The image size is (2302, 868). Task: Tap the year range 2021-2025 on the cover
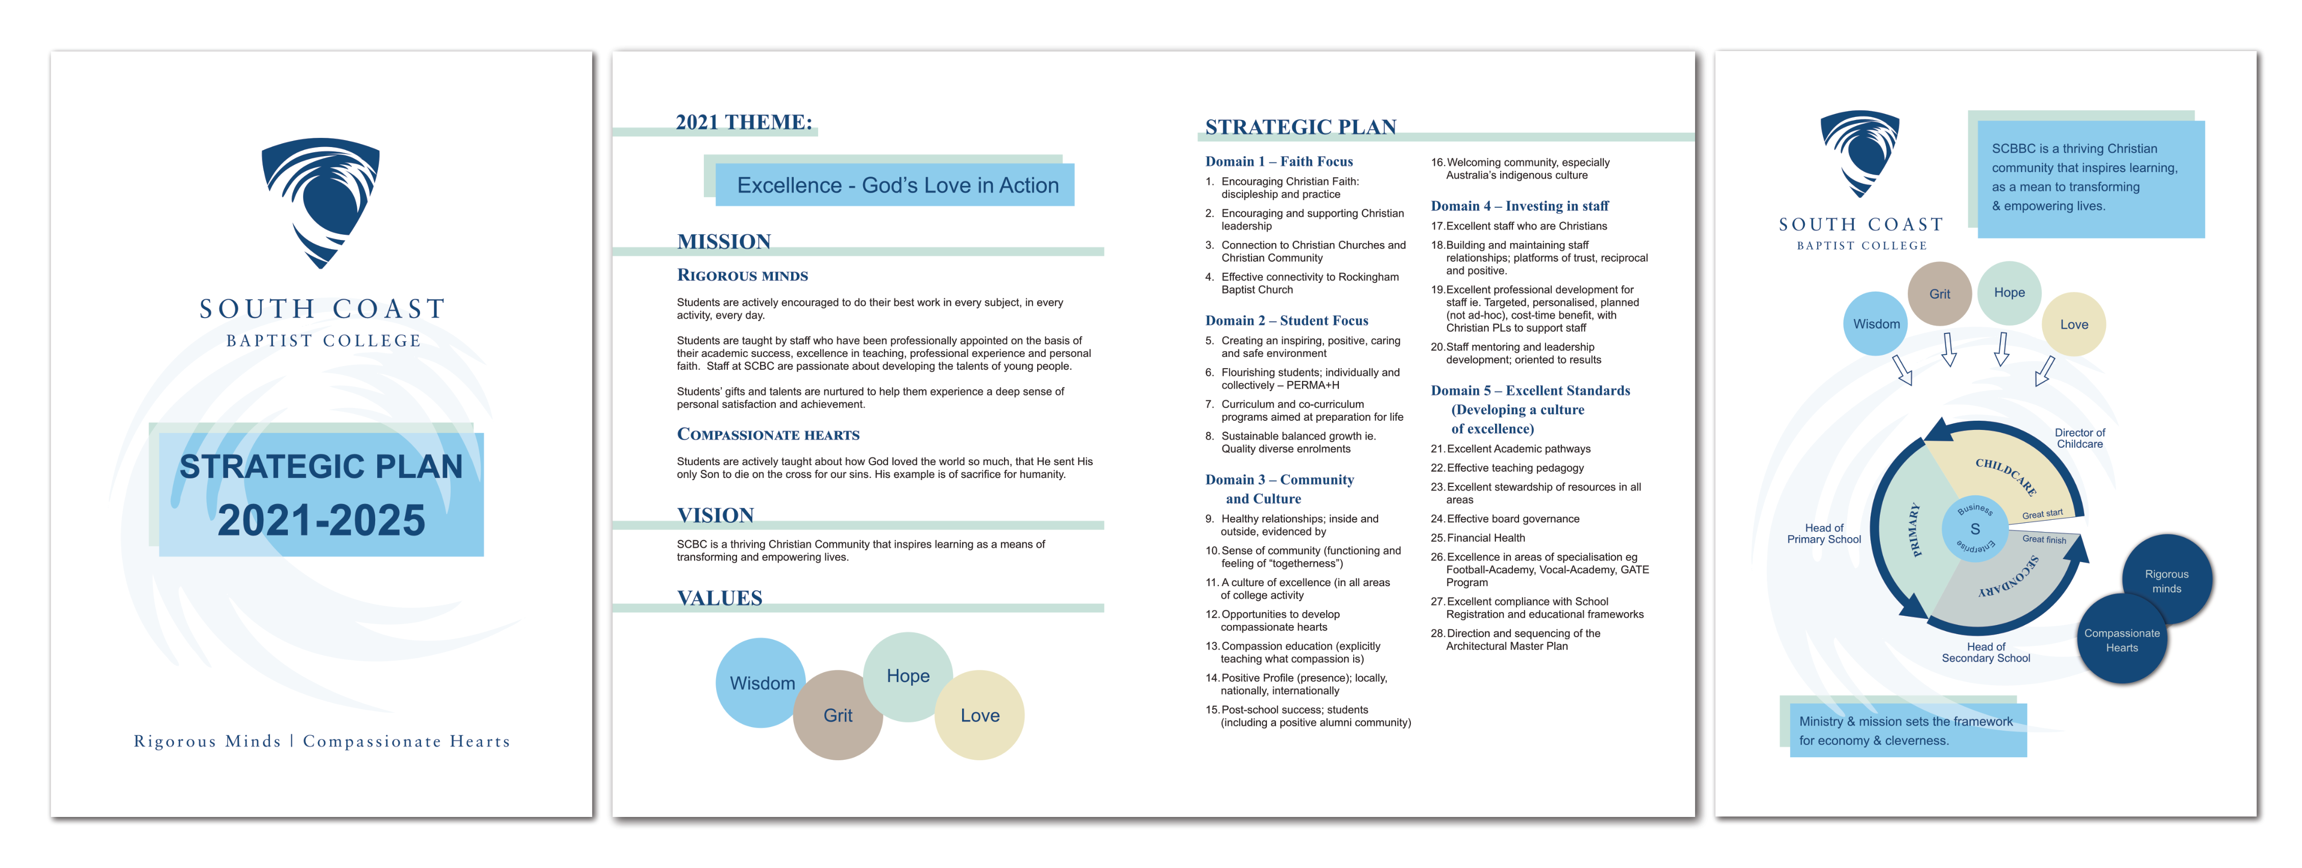321,520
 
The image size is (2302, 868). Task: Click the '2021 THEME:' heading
744,123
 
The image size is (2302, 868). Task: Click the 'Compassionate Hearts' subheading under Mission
768,435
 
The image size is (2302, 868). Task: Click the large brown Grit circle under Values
837,715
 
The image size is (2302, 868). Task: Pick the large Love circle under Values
979,715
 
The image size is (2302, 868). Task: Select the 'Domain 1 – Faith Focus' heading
1278,162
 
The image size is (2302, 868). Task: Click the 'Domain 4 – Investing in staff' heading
1519,206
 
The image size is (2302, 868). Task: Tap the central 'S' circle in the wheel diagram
1975,528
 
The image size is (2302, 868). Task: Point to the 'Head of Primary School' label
1823,534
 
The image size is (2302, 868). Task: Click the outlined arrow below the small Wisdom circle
1902,369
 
